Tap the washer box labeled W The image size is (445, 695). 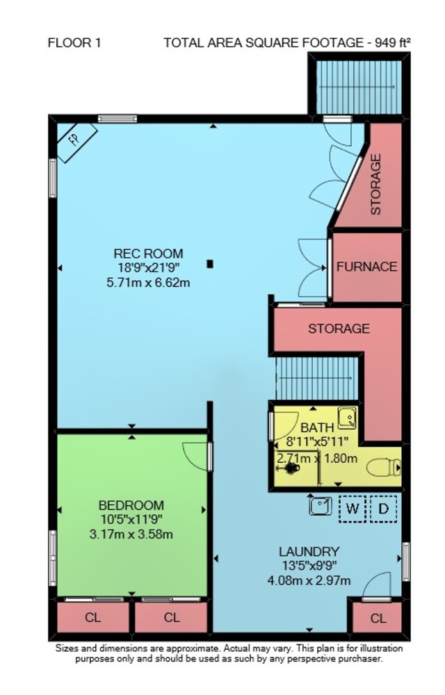coord(353,509)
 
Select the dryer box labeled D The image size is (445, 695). coord(383,509)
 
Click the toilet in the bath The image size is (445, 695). coord(384,467)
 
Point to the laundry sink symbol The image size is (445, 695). coord(321,506)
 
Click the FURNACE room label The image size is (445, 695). coord(366,267)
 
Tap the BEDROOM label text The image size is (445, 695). coord(131,505)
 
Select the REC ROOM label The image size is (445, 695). coord(149,254)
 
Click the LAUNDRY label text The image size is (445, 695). coord(309,552)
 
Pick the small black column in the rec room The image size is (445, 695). coord(210,264)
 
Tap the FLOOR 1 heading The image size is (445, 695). coord(74,43)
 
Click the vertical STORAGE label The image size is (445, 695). coord(375,184)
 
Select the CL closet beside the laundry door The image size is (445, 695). coord(378,618)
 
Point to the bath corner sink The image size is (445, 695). coord(348,418)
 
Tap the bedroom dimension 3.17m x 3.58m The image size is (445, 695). coord(131,534)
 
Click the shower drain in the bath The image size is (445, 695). coord(291,468)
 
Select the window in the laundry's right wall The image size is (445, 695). coord(405,561)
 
